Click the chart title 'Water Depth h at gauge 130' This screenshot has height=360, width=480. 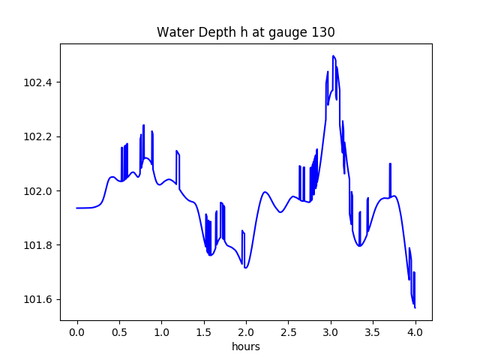[x=246, y=32]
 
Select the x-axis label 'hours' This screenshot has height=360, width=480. [x=246, y=346]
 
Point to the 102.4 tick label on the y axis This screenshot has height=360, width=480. [x=37, y=82]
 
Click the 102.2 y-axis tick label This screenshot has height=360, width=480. [x=37, y=136]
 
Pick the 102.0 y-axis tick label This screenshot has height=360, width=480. [x=37, y=191]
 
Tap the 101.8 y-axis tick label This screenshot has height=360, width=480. [x=37, y=245]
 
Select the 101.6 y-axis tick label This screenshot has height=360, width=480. [x=37, y=299]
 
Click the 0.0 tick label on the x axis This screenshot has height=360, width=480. [x=77, y=332]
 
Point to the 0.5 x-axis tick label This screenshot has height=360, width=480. [x=119, y=332]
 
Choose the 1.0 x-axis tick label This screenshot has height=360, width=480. [x=162, y=332]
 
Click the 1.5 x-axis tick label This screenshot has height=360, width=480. [x=204, y=332]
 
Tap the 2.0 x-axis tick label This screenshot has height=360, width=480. [x=246, y=332]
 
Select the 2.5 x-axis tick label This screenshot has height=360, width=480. [x=288, y=332]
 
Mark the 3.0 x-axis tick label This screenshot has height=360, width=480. [x=331, y=332]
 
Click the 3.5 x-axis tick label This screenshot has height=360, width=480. [x=373, y=332]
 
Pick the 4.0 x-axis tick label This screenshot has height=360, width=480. [x=415, y=332]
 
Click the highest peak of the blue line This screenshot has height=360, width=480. [x=333, y=55]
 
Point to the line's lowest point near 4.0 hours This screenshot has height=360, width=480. [x=415, y=307]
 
